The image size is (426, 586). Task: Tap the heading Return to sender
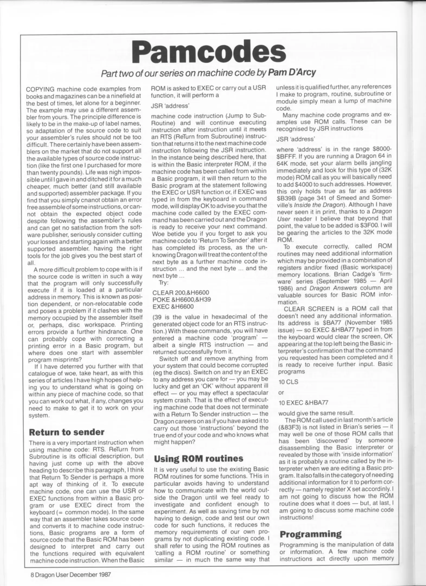pos(66,432)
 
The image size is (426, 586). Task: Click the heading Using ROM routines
pos(199,458)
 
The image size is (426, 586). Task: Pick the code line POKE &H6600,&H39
pos(182,300)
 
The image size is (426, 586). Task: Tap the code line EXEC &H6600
pos(173,307)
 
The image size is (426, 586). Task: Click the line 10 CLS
pos(288,382)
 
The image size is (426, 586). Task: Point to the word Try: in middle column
pos(164,283)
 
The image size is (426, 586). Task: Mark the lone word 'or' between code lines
pos(281,393)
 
